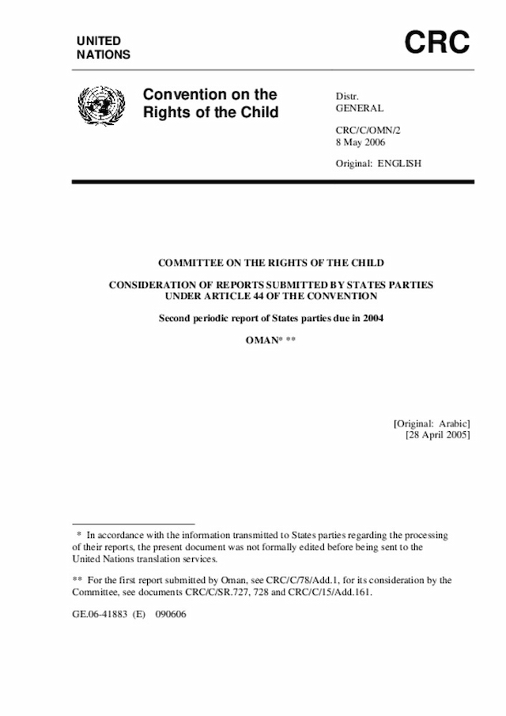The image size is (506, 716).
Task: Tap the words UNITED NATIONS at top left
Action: (x=104, y=47)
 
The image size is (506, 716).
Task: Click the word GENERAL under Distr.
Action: (x=360, y=108)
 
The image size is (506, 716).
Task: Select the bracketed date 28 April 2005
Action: (x=438, y=435)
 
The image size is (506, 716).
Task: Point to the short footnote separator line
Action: (x=133, y=525)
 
